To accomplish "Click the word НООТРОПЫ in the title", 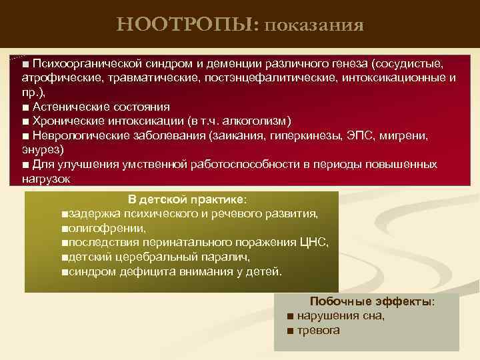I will (x=188, y=25).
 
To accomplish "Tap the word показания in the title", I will (x=314, y=26).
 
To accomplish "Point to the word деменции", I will (x=224, y=63).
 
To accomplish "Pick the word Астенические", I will (x=65, y=107).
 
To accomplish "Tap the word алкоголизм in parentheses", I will (x=257, y=121).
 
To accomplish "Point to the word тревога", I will (x=319, y=331).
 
